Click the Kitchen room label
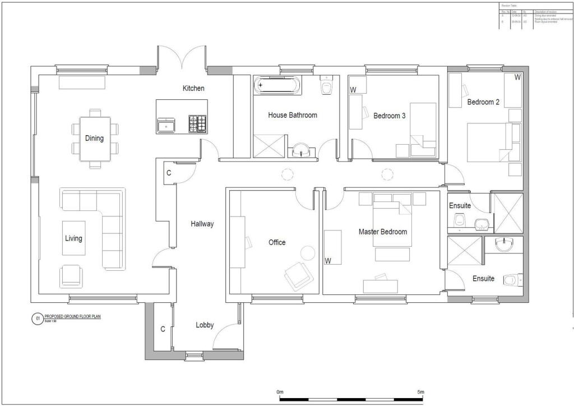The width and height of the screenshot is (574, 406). (193, 89)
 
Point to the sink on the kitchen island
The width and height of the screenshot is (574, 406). (166, 124)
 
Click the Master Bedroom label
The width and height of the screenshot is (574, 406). (383, 232)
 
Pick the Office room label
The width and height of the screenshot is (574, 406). (277, 243)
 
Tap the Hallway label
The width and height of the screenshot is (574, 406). (202, 224)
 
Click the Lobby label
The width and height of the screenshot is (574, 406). (205, 325)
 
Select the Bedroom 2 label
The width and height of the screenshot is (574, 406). (483, 103)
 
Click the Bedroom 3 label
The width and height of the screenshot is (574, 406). (389, 116)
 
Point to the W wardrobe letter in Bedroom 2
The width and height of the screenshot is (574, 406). (517, 77)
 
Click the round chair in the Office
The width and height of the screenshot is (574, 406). (308, 253)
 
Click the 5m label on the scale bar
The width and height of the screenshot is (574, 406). (420, 391)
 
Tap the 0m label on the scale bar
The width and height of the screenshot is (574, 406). (280, 391)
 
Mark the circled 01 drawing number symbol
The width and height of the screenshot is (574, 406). (37, 319)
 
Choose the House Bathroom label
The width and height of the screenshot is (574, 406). (292, 116)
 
